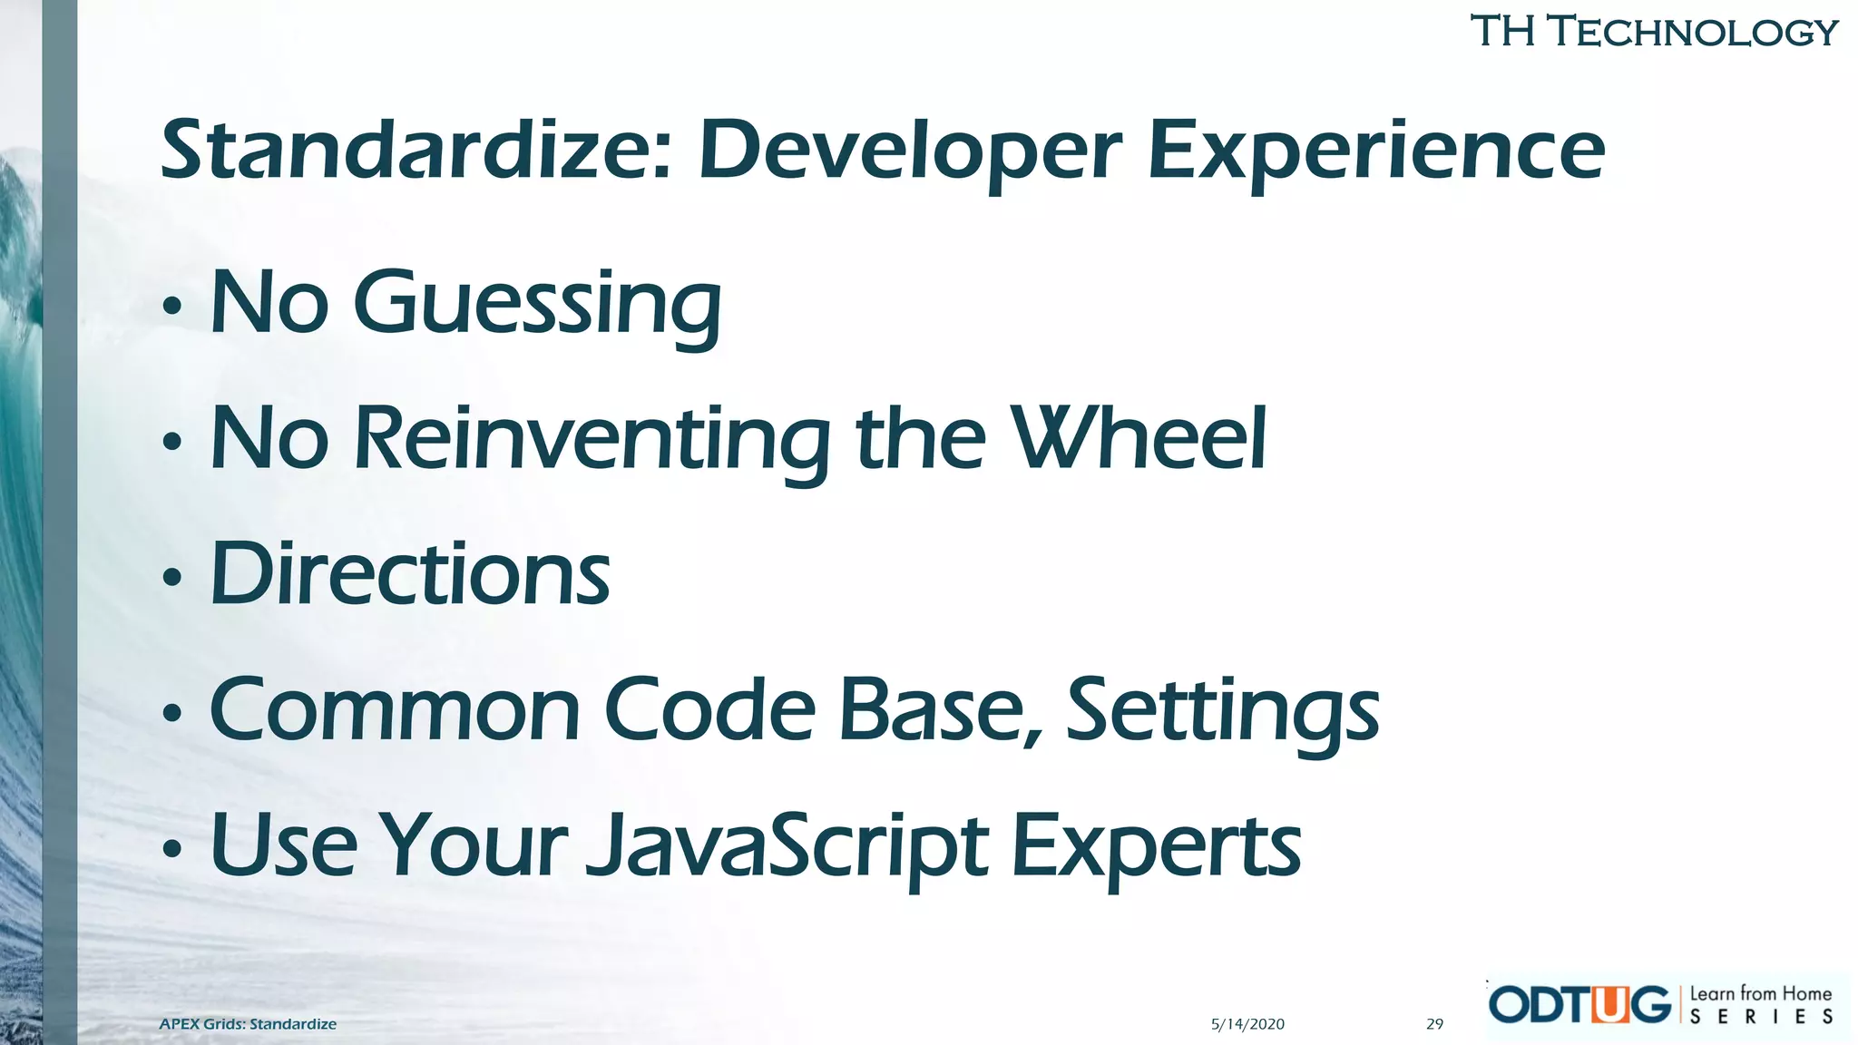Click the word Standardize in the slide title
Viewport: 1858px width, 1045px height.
click(x=414, y=151)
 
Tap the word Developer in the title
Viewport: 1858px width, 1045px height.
click(x=910, y=151)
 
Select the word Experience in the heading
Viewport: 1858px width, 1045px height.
click(x=1376, y=151)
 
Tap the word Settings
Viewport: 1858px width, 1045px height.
click(x=1222, y=711)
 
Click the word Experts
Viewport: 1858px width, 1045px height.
click(x=1156, y=846)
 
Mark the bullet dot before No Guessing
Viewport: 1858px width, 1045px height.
click(x=171, y=308)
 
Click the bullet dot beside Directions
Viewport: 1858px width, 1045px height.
click(x=171, y=578)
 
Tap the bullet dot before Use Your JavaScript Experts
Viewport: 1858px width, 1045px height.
click(x=171, y=850)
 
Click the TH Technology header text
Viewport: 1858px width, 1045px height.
click(x=1653, y=32)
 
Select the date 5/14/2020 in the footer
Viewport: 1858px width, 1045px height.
click(x=1247, y=1024)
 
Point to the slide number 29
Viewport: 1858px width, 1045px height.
click(x=1434, y=1024)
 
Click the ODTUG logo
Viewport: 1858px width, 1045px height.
click(x=1579, y=1005)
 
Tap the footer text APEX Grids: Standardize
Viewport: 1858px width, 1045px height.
click(x=248, y=1024)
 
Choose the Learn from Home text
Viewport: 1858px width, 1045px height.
click(x=1760, y=994)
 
